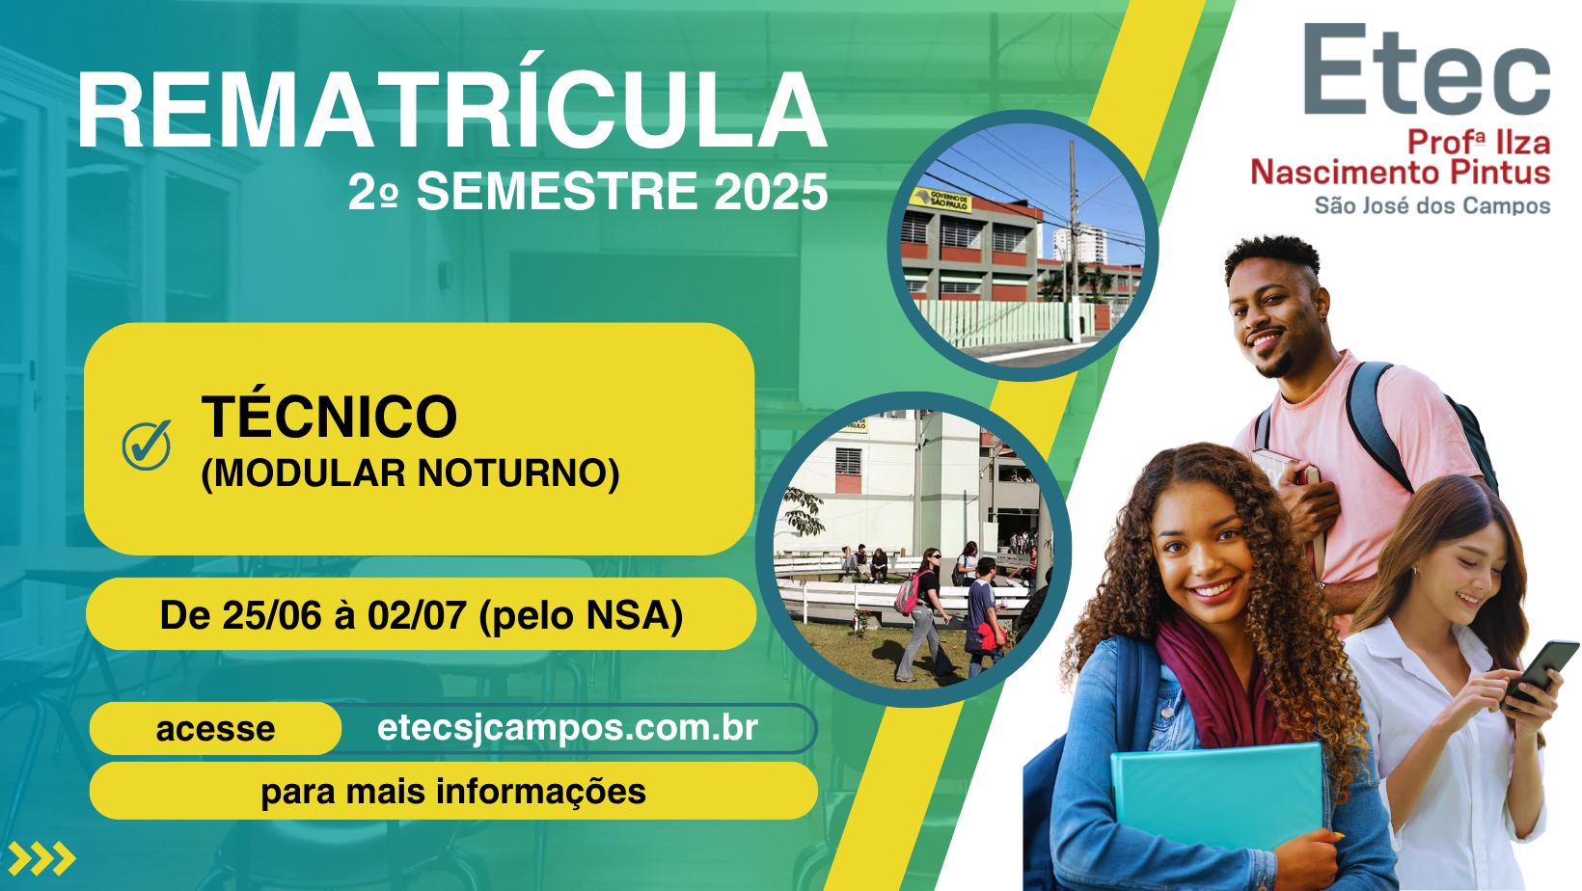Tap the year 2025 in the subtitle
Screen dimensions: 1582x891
(772, 191)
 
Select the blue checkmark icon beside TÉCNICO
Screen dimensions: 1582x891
(147, 445)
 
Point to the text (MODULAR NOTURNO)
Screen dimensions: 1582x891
(410, 473)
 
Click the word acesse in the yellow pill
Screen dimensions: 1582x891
(215, 729)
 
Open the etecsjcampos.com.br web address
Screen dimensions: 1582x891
(568, 728)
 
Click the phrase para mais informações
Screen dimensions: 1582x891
(453, 792)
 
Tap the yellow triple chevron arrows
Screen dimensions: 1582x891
(42, 858)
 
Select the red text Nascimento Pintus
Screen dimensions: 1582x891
(1401, 173)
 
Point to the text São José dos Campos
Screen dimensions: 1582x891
(1432, 205)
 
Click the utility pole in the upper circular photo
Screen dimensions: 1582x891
(1074, 240)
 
